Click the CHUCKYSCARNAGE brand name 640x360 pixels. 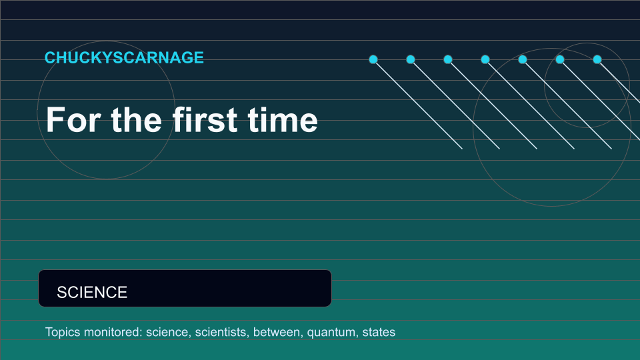pos(124,57)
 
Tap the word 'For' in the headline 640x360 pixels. pos(73,119)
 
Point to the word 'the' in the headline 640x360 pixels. pos(137,119)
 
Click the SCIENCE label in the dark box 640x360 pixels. pos(92,292)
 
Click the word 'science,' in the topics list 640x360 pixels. pos(169,332)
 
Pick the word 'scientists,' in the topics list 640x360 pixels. pos(222,332)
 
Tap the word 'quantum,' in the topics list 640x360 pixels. pos(333,333)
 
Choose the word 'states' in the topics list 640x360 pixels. pos(379,332)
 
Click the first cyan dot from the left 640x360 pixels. pos(373,59)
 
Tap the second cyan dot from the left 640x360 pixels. pos(411,59)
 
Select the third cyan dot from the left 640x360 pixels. pos(448,59)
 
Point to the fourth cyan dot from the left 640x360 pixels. pos(485,59)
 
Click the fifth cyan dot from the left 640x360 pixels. pos(523,59)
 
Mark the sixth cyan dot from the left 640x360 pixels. pos(560,59)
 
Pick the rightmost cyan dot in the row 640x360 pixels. pos(597,59)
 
